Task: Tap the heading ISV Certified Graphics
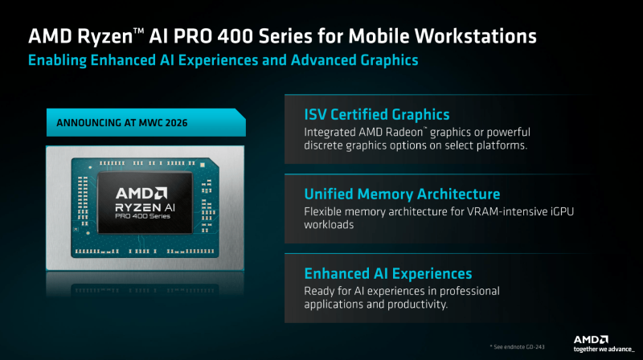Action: (x=376, y=115)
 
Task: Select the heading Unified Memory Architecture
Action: (x=402, y=194)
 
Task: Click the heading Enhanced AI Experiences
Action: (x=387, y=274)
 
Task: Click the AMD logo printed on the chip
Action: (x=141, y=193)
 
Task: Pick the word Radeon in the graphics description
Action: (x=412, y=132)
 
